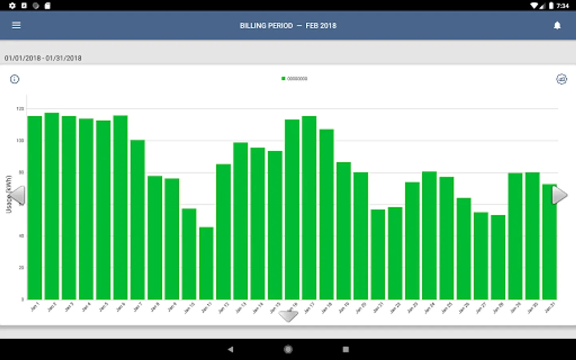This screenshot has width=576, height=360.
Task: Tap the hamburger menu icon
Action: [16, 26]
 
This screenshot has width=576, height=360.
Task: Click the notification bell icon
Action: [557, 26]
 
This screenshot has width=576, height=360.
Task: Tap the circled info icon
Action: [14, 79]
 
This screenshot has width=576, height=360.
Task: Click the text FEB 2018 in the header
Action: [321, 26]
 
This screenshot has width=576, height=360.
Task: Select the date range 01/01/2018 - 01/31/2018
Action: [43, 58]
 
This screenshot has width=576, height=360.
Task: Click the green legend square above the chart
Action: [283, 79]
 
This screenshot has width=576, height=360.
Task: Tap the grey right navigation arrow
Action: [559, 196]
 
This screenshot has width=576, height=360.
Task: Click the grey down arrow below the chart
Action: [288, 316]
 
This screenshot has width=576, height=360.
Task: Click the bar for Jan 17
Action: [309, 208]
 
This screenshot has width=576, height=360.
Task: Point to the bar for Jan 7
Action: [138, 220]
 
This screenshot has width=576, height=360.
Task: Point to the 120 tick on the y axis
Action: [20, 109]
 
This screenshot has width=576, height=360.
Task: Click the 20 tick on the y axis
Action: [21, 268]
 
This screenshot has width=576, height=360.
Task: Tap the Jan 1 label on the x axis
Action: [35, 307]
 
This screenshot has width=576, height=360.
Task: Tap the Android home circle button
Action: [288, 350]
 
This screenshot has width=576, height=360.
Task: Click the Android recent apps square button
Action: [346, 350]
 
